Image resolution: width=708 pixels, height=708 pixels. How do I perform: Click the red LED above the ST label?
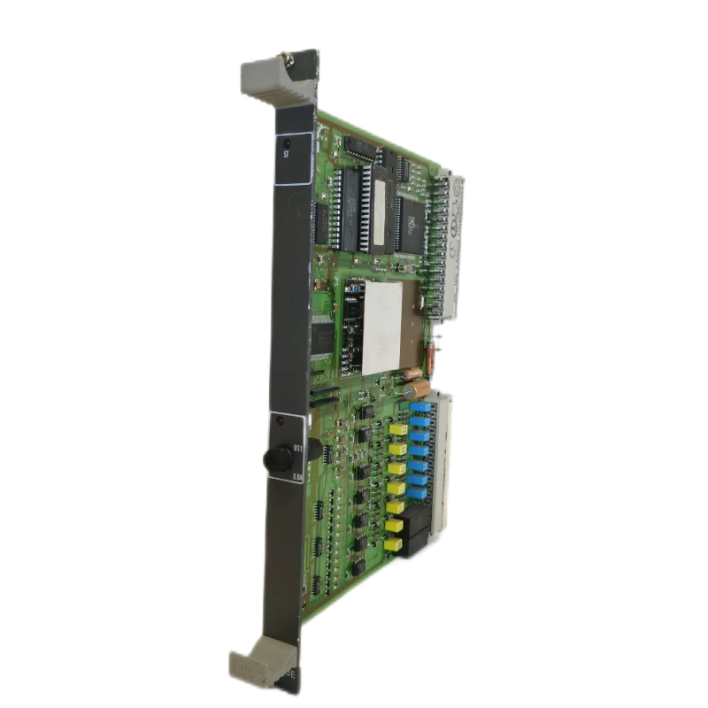(287, 141)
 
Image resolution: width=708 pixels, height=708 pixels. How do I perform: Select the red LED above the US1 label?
(280, 420)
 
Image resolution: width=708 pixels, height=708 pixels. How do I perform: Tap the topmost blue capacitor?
(418, 410)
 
